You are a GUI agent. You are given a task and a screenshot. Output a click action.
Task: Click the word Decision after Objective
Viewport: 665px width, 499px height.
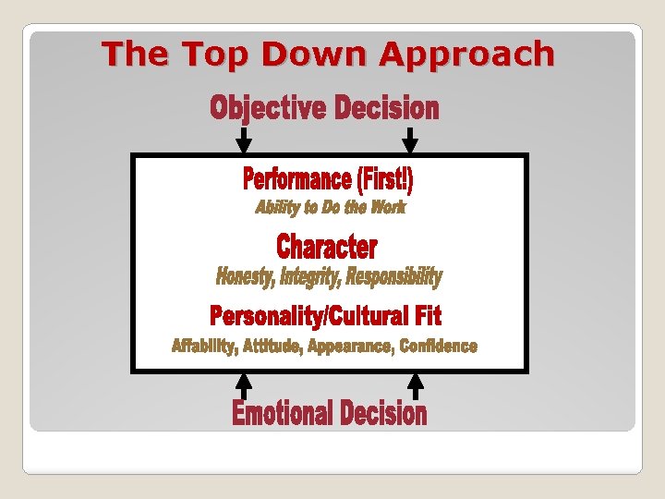386,109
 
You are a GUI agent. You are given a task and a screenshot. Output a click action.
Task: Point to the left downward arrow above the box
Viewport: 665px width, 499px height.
244,140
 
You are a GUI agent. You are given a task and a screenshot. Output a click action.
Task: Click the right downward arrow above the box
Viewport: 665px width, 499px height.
411,140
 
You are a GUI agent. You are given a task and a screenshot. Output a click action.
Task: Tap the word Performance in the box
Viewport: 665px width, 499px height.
297,178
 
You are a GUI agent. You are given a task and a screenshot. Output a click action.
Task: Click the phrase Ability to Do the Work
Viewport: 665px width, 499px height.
331,207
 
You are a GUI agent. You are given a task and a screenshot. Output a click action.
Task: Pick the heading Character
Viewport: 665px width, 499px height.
327,247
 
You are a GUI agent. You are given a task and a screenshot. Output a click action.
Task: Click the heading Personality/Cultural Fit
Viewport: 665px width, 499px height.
326,316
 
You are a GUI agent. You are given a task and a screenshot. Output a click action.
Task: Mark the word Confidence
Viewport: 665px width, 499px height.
439,347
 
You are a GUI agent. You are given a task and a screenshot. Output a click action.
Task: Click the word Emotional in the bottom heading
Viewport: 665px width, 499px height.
282,413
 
